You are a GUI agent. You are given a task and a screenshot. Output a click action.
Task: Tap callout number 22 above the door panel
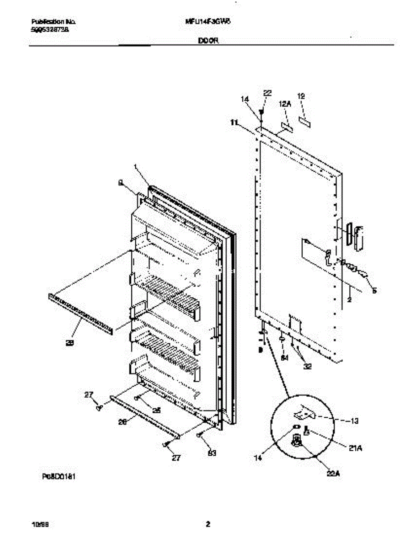(267, 93)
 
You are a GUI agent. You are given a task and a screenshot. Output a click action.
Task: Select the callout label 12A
(285, 103)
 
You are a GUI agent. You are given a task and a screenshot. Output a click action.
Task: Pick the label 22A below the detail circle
(334, 474)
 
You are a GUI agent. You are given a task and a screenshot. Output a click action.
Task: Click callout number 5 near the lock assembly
(374, 291)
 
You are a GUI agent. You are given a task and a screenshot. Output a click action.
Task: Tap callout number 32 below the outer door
(307, 366)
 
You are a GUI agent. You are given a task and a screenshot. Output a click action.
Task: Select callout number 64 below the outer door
(284, 358)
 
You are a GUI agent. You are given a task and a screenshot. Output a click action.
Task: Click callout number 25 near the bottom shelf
(156, 410)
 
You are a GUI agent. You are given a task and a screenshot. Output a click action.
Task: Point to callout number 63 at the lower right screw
(213, 454)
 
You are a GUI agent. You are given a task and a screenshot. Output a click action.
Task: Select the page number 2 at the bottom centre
(208, 524)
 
